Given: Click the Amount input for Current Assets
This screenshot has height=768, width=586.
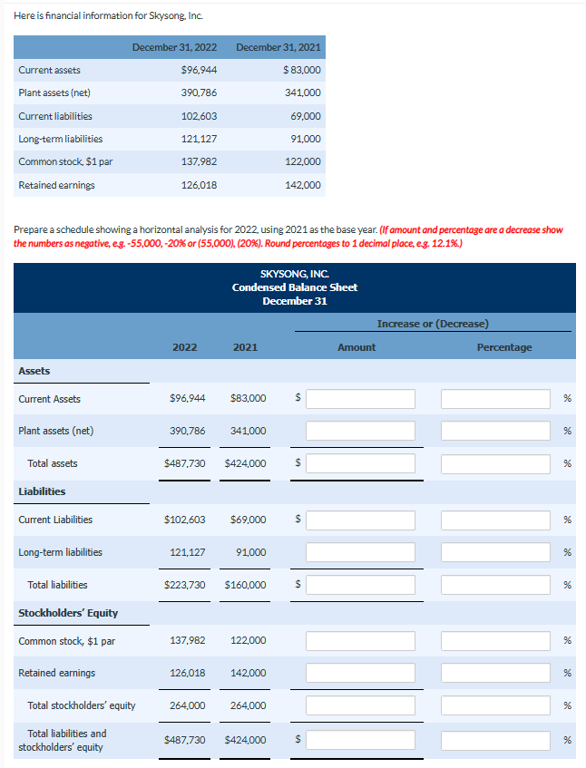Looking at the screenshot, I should (x=360, y=399).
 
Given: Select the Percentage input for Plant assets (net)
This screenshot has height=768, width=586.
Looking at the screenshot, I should (x=495, y=431).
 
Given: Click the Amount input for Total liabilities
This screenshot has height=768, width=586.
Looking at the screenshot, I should (x=360, y=585).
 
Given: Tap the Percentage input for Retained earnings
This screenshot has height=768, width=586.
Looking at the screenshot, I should (x=495, y=673).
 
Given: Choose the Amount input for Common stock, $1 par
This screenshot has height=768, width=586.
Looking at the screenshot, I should (x=360, y=641).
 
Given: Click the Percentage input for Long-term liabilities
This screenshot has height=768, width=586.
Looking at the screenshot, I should (x=495, y=552).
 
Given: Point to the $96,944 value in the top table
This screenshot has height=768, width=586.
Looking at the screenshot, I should (x=199, y=70).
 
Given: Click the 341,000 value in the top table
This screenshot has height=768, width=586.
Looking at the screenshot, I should (x=303, y=92).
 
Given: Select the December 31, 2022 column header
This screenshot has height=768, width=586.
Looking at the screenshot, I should (x=174, y=47).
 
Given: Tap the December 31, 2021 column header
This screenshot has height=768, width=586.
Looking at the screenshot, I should (x=278, y=47).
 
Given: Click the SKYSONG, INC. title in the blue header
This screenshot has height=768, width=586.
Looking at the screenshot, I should (x=294, y=274).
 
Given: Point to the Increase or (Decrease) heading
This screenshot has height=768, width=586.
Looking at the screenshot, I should (x=433, y=324).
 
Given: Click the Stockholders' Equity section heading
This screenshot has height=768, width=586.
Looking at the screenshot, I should (x=68, y=613).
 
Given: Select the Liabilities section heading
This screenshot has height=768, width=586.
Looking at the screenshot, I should (x=42, y=491).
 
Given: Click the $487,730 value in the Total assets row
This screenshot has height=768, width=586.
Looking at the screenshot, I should (x=184, y=463).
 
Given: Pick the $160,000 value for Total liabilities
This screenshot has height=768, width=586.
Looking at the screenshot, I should (x=245, y=585).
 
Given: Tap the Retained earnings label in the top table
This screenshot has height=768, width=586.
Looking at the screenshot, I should (x=56, y=185).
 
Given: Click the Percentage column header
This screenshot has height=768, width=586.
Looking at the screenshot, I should (x=504, y=347).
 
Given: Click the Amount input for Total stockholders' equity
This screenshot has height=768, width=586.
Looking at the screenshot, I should (x=360, y=705).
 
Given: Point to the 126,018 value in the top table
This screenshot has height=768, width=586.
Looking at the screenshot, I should (x=200, y=185).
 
